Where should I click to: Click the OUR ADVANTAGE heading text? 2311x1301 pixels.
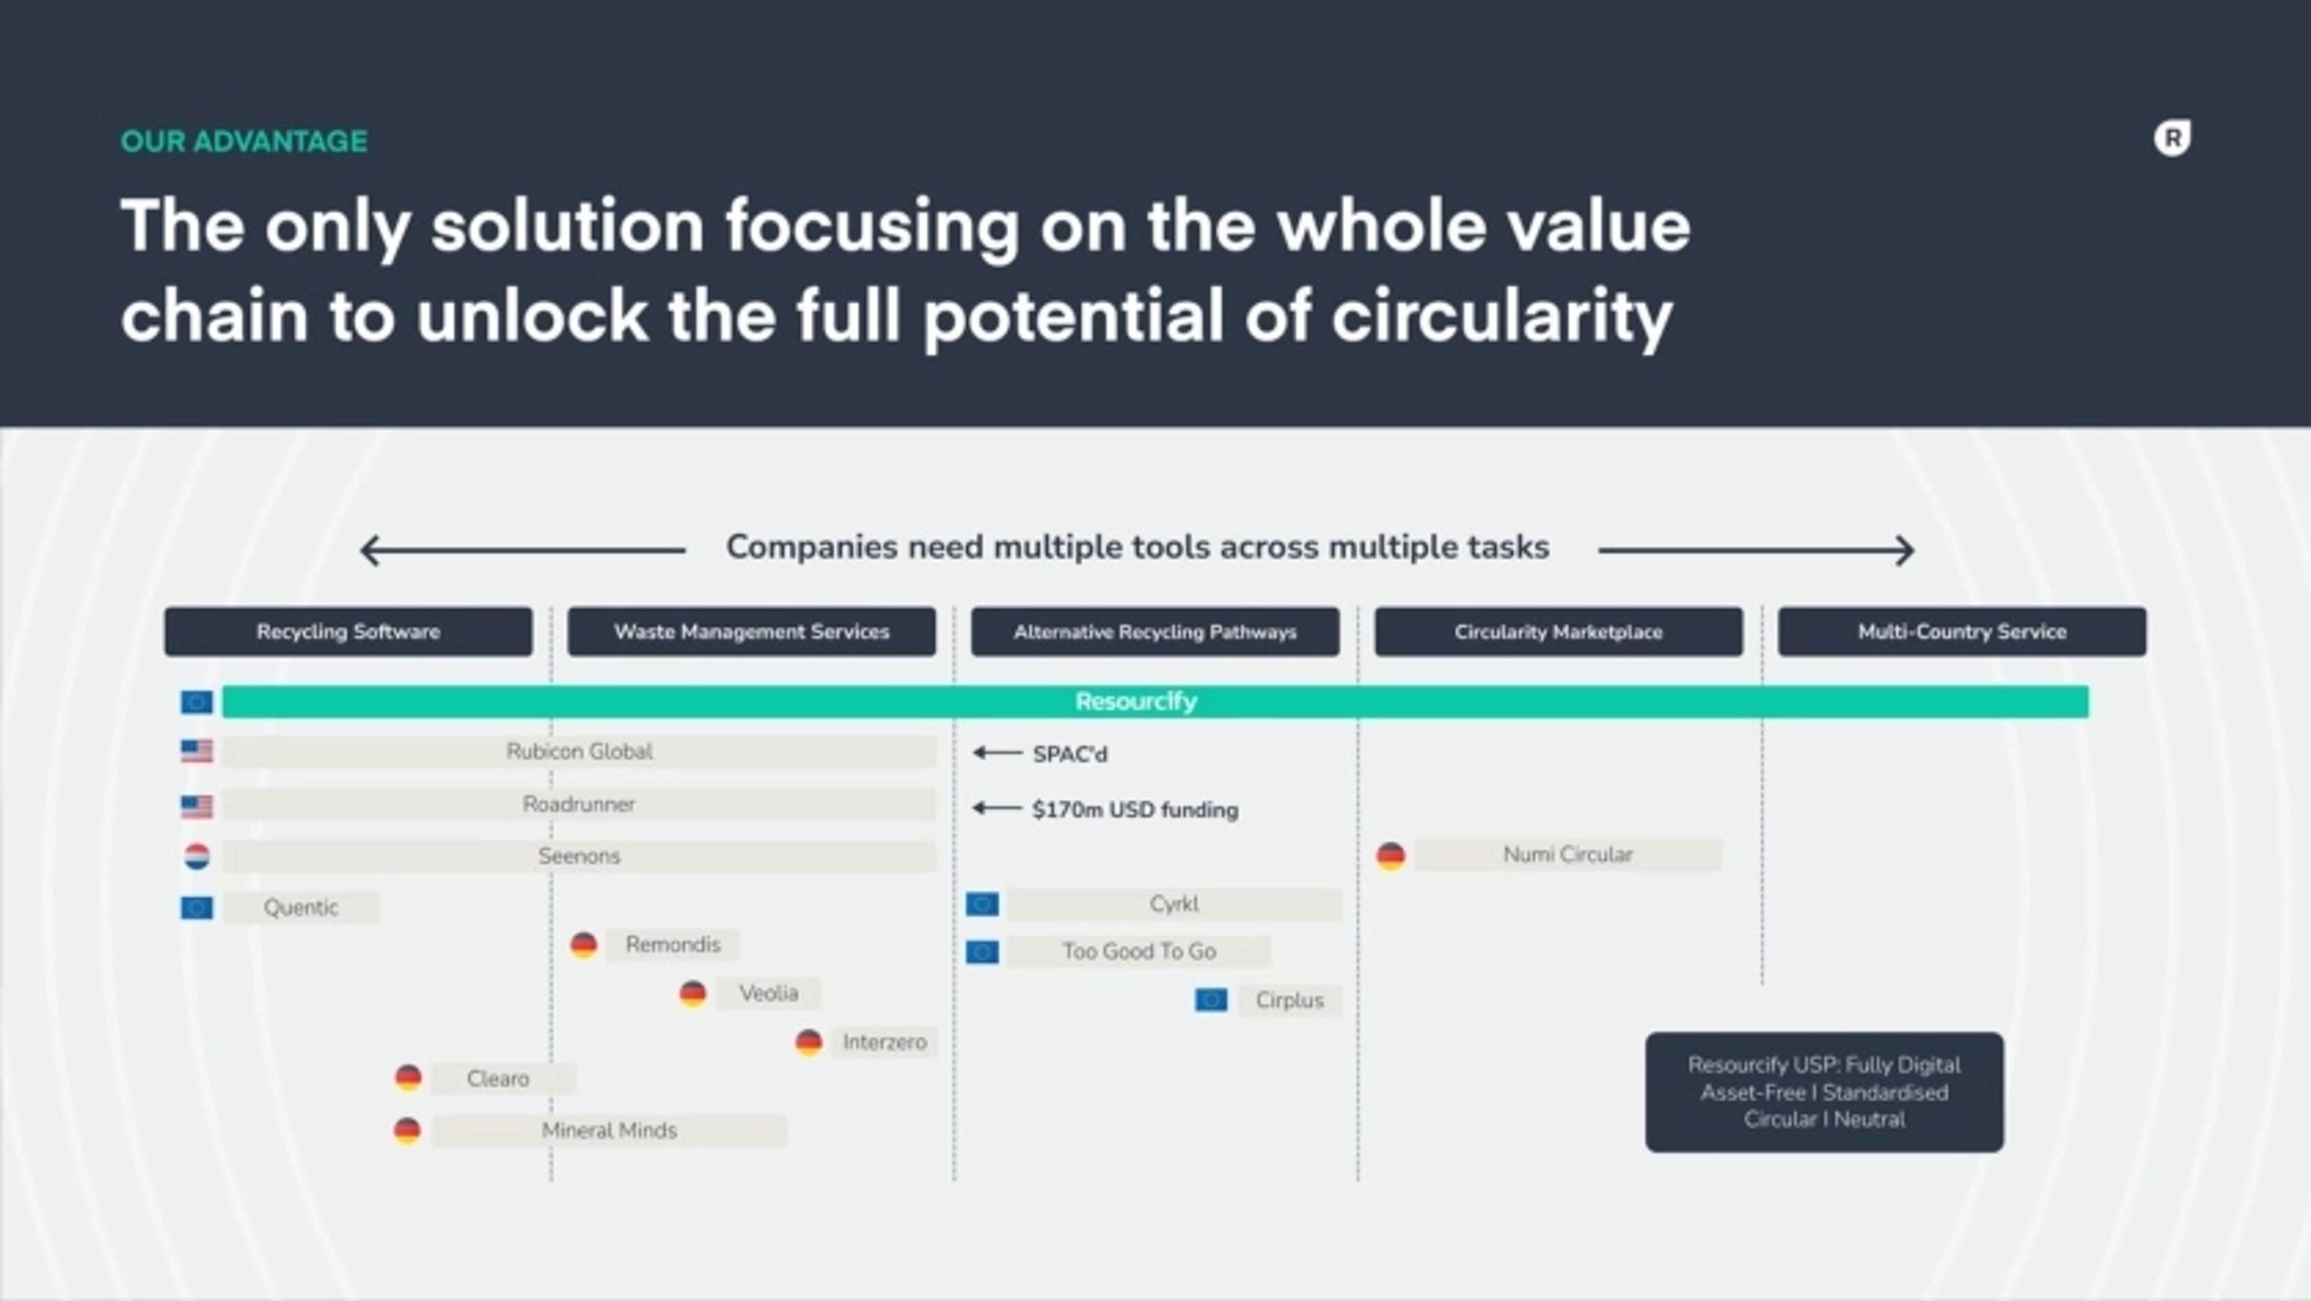pos(244,141)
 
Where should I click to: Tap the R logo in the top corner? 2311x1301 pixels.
pos(2172,138)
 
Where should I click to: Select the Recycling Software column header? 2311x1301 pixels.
pos(348,632)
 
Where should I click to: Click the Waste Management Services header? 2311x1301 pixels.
pos(752,632)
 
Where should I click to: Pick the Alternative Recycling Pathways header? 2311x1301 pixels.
pos(1155,632)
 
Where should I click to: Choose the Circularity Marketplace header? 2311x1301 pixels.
pos(1559,632)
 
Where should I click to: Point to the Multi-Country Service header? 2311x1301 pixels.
pos(1963,632)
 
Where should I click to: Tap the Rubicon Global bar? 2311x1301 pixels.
pos(580,752)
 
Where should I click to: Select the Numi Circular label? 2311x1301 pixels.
pos(1568,854)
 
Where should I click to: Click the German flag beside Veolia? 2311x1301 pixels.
pos(693,994)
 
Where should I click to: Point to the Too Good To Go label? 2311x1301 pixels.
pos(1139,951)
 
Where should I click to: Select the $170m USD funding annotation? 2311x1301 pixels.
pos(1135,809)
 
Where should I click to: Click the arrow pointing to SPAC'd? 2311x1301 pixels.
pos(998,753)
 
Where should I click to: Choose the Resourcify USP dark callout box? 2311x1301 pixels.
pos(1825,1092)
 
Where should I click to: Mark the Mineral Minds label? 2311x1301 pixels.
pos(609,1131)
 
